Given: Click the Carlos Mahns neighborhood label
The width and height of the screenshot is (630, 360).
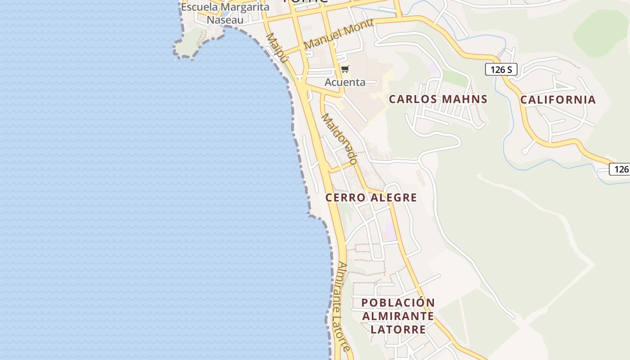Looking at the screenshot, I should (x=438, y=99).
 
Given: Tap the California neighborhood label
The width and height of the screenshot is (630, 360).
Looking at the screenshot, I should (x=558, y=99).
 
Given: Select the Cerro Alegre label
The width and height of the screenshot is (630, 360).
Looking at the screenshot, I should (x=371, y=198).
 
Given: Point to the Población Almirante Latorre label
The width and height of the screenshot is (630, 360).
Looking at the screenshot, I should (x=398, y=316).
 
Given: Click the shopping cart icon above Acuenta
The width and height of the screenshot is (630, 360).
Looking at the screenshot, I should (x=345, y=69).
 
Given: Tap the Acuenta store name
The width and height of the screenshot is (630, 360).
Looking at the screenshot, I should (x=345, y=82).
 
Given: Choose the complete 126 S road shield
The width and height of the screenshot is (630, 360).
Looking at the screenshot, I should (x=501, y=70).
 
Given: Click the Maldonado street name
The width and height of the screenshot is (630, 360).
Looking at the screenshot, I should (x=340, y=139).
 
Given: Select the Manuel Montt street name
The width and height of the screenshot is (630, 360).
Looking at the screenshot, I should (x=338, y=34).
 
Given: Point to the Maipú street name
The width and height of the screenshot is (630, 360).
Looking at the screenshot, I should (x=276, y=48).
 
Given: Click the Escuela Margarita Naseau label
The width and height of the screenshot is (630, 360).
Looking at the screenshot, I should (x=225, y=13).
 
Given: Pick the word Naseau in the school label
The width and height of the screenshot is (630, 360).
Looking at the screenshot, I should (x=225, y=20).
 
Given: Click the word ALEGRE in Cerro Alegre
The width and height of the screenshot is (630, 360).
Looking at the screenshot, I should (x=395, y=198).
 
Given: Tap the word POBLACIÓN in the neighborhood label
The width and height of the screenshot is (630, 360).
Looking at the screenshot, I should (x=398, y=303).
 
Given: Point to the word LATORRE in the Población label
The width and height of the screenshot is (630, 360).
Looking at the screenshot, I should (x=398, y=329).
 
